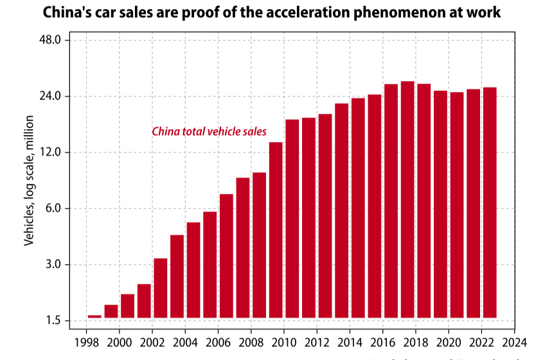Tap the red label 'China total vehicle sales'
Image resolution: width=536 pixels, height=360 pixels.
pyautogui.click(x=209, y=132)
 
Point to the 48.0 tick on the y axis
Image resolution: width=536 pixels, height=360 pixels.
pyautogui.click(x=50, y=40)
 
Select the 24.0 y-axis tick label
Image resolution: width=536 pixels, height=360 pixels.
pyautogui.click(x=50, y=96)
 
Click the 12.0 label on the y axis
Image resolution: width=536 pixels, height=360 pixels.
pyautogui.click(x=50, y=152)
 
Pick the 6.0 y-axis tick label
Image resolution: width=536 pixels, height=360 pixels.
pyautogui.click(x=53, y=208)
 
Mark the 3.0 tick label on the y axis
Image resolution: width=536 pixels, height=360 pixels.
pyautogui.click(x=53, y=264)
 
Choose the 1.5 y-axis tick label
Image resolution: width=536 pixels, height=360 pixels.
pyautogui.click(x=53, y=321)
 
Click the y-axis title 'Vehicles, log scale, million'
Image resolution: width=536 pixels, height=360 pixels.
pyautogui.click(x=29, y=180)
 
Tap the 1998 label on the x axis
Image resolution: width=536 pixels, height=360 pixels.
pyautogui.click(x=87, y=341)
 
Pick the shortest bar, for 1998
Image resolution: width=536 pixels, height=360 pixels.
pyautogui.click(x=94, y=316)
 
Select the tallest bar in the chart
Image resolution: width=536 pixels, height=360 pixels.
pyautogui.click(x=407, y=199)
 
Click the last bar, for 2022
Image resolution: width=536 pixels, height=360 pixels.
pyautogui.click(x=489, y=203)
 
